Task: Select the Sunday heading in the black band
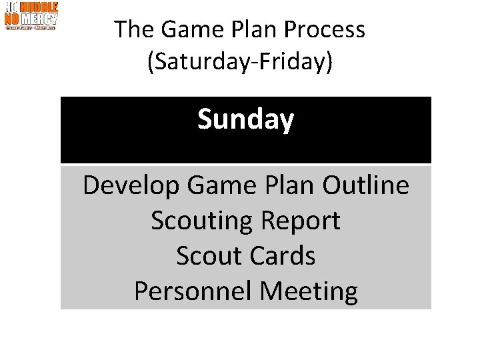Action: pyautogui.click(x=245, y=120)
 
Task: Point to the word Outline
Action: pyautogui.click(x=367, y=186)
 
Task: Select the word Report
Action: pyautogui.click(x=299, y=221)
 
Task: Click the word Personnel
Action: pyautogui.click(x=193, y=291)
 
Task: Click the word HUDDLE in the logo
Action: pyautogui.click(x=39, y=8)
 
